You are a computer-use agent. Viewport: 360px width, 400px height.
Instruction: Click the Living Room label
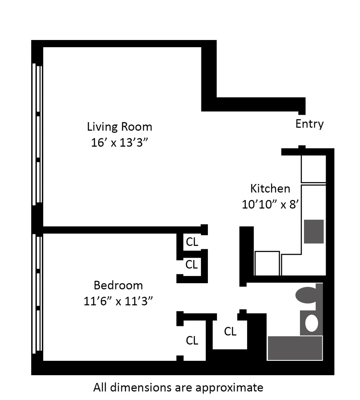pyautogui.click(x=119, y=127)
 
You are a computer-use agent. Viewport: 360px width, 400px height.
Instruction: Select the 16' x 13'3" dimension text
pyautogui.click(x=119, y=142)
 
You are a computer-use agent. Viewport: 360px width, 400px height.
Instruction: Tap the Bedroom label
pyautogui.click(x=118, y=286)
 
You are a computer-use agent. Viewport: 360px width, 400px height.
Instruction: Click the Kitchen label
pyautogui.click(x=270, y=188)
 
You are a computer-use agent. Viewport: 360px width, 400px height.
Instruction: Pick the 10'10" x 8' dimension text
pyautogui.click(x=271, y=204)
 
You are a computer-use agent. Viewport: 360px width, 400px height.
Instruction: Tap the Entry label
pyautogui.click(x=309, y=124)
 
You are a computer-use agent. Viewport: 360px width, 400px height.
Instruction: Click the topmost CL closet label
pyautogui.click(x=192, y=242)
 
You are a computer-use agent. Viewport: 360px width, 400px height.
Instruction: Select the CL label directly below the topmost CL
pyautogui.click(x=192, y=264)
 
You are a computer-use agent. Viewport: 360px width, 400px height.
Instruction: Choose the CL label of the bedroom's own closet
pyautogui.click(x=192, y=340)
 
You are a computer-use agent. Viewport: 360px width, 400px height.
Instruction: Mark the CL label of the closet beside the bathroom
pyautogui.click(x=230, y=331)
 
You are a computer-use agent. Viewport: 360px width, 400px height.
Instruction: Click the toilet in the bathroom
pyautogui.click(x=307, y=295)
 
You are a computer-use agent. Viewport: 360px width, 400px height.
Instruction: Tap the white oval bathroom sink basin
pyautogui.click(x=311, y=323)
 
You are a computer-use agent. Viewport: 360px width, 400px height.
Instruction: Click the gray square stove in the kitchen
pyautogui.click(x=314, y=231)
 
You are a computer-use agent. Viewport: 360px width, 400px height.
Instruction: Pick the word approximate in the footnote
pyautogui.click(x=229, y=387)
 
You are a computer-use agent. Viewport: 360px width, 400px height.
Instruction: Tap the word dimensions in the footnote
pyautogui.click(x=135, y=387)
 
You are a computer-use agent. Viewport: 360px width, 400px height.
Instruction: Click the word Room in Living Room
pyautogui.click(x=136, y=127)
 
